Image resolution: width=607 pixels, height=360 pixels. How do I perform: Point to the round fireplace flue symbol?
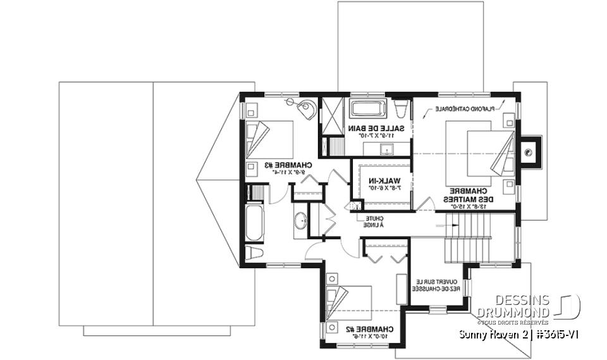pyautogui.click(x=527, y=152)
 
